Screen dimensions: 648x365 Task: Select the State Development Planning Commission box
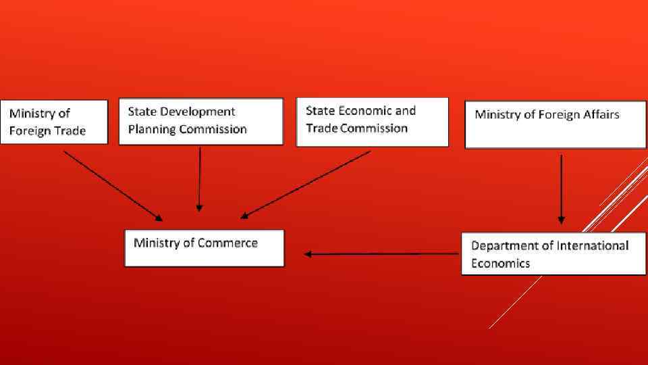(x=200, y=122)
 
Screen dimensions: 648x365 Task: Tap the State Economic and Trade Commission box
(x=372, y=122)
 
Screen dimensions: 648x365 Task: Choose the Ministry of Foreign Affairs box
(x=555, y=124)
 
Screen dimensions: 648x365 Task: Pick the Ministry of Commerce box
(x=205, y=248)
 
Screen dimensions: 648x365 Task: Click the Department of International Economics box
(x=553, y=253)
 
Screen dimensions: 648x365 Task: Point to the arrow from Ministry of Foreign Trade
(x=112, y=185)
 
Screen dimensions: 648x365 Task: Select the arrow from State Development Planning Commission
(x=199, y=178)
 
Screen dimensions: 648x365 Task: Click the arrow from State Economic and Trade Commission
(x=306, y=184)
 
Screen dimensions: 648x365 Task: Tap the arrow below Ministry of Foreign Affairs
(x=561, y=189)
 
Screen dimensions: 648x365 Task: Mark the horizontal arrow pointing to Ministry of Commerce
(x=381, y=254)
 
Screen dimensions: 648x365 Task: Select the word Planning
(x=151, y=129)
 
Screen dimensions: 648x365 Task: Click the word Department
(x=503, y=245)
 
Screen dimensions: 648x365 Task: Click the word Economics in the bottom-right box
(x=500, y=263)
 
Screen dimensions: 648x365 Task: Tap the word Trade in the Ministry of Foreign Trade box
(x=70, y=130)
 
